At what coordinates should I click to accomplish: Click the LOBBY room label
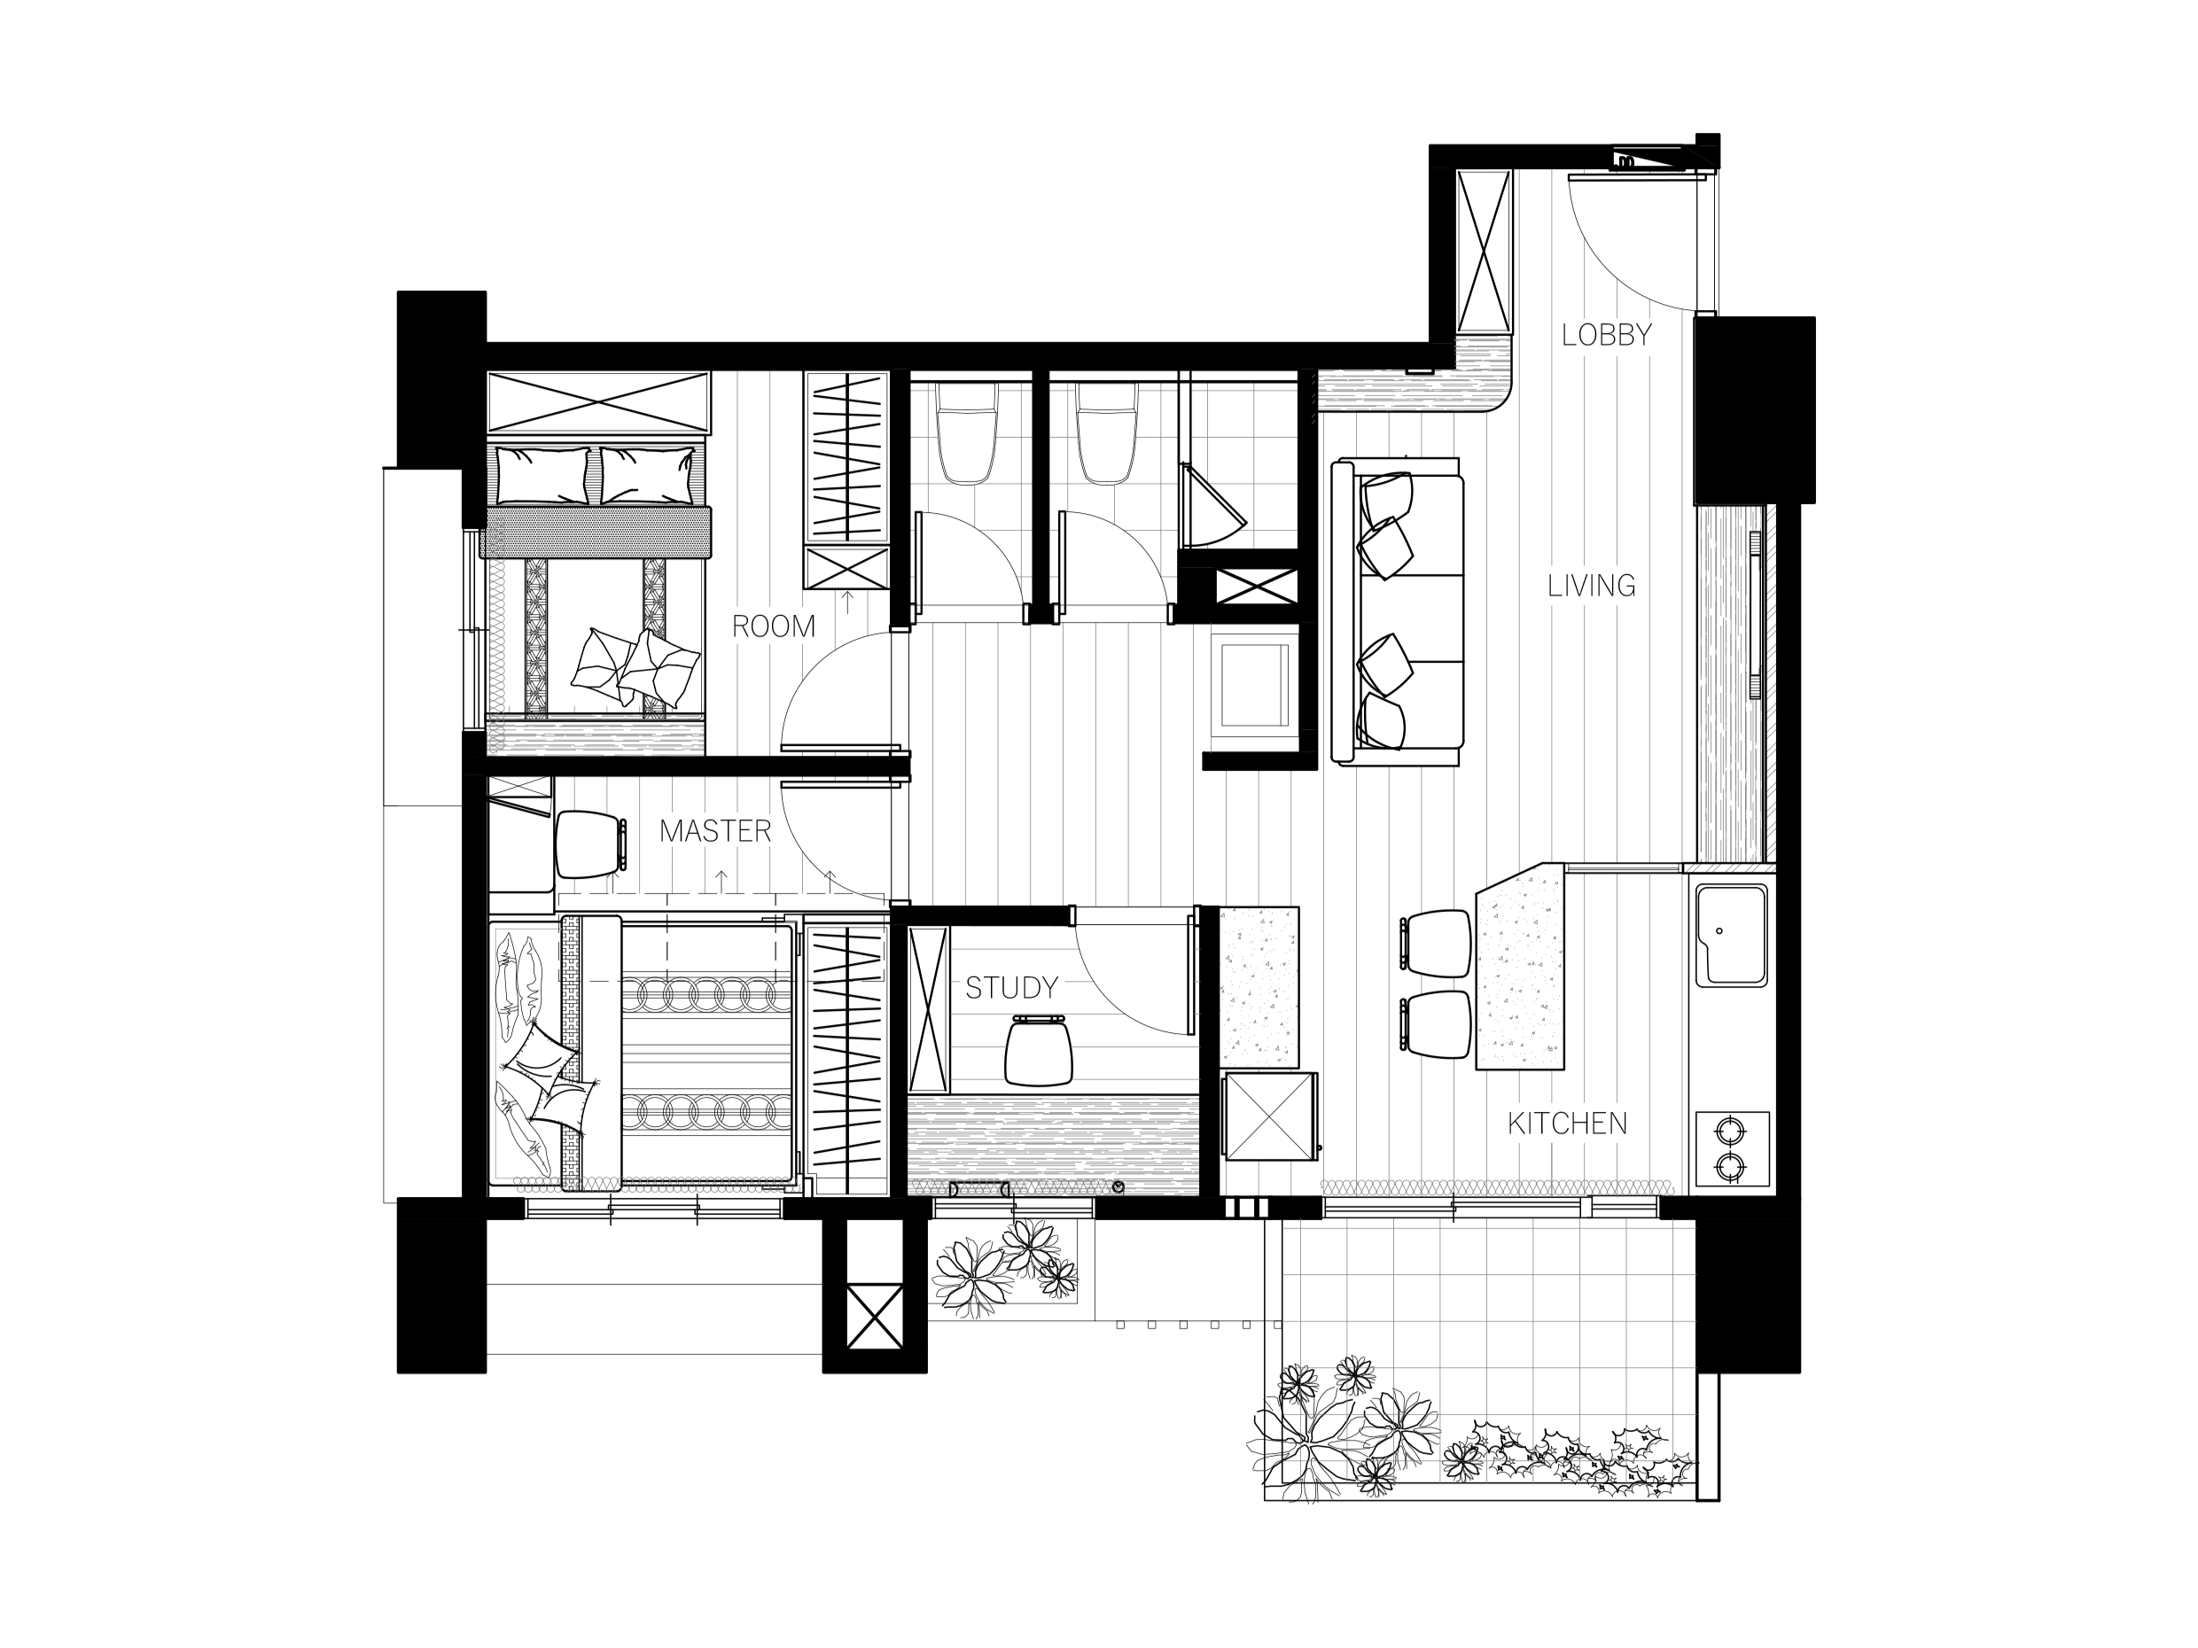1606,335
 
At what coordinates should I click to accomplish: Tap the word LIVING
1591,586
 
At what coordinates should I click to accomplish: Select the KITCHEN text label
1567,1123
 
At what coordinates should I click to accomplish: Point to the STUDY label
1011,987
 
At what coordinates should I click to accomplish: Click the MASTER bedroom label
714,830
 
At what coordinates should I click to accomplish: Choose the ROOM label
773,626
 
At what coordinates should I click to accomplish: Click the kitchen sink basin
1731,936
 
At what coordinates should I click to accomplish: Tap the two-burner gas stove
1731,1148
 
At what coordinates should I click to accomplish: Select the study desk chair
1039,1050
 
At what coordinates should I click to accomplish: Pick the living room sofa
1397,611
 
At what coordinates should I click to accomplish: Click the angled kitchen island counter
1520,967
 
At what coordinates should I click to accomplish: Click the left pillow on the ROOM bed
542,476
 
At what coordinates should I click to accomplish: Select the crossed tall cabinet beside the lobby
1484,252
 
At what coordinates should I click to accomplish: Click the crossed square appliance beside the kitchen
1270,1116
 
